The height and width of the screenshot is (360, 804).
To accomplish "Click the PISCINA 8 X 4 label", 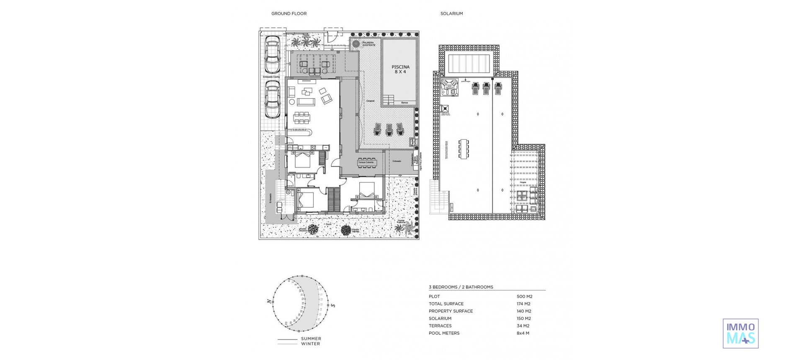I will tap(400, 69).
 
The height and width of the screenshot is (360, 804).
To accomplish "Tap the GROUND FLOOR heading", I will tap(289, 14).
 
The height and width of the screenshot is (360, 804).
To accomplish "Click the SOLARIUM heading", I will tap(451, 14).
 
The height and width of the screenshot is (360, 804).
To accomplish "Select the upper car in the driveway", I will tap(272, 54).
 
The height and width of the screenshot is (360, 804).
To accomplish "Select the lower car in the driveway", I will tap(272, 100).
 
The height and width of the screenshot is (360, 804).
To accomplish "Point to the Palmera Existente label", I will tap(368, 44).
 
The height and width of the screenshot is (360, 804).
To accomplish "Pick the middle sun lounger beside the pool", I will tap(389, 129).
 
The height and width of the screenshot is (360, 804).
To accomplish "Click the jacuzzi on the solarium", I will tap(450, 87).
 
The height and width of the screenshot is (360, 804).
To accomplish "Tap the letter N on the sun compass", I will tap(268, 301).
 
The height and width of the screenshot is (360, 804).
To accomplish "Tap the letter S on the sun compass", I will tap(333, 305).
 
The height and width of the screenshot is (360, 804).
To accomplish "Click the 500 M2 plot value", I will tap(524, 296).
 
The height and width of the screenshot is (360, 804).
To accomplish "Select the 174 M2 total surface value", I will tap(523, 304).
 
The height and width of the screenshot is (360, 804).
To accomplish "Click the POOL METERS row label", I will tap(444, 333).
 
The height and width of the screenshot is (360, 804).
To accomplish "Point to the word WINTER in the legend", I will tap(310, 344).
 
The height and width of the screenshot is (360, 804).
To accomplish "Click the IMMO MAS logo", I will tap(740, 334).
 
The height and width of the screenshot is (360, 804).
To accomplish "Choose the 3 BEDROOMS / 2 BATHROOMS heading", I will tap(461, 287).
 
